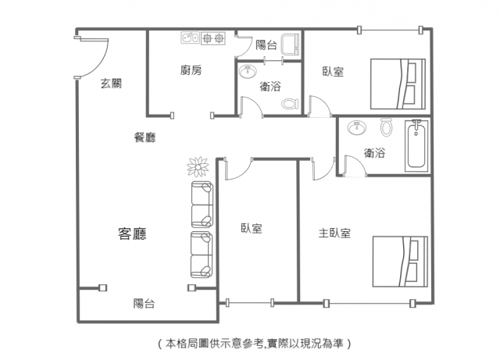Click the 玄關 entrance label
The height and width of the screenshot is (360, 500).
(x=111, y=84)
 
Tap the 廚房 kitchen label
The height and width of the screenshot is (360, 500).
(x=191, y=70)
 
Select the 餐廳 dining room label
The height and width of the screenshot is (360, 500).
(x=145, y=137)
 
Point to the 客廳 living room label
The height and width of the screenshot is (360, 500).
(x=132, y=233)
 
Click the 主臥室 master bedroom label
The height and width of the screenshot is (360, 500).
(x=334, y=233)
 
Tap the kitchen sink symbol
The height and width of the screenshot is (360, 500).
(x=191, y=37)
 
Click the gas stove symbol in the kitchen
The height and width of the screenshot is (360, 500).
(x=213, y=38)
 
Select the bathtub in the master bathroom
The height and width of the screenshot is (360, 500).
(x=416, y=146)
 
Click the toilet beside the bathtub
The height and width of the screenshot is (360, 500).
(x=386, y=127)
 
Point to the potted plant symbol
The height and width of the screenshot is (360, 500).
(x=198, y=167)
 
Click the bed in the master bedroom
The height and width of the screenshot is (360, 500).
(x=400, y=262)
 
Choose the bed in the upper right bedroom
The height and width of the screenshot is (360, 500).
(x=398, y=84)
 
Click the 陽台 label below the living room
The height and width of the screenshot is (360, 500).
(x=144, y=303)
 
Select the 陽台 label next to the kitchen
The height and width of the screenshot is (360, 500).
(x=266, y=45)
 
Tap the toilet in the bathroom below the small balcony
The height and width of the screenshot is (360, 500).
(x=290, y=104)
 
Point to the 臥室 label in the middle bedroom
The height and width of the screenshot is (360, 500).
(x=252, y=228)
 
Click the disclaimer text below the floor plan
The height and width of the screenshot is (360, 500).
(x=254, y=344)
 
